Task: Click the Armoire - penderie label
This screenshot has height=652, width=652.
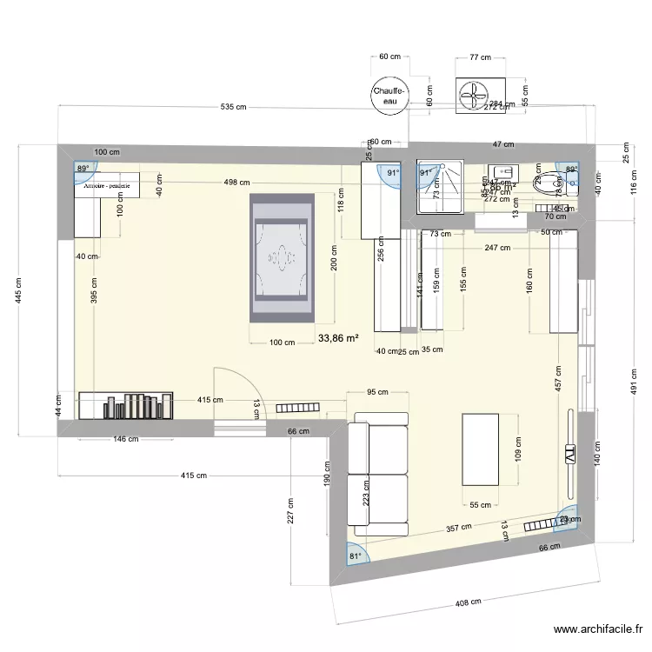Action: point(108,185)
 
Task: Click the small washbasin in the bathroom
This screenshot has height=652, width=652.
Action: point(502,171)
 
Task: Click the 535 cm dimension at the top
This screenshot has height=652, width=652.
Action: point(233,108)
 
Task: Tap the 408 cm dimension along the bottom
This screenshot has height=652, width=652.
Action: point(469,601)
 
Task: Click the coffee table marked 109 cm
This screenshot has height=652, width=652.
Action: point(480,449)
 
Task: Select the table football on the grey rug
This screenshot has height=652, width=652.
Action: point(281,257)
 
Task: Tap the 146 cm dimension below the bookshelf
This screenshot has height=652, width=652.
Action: point(126,440)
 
